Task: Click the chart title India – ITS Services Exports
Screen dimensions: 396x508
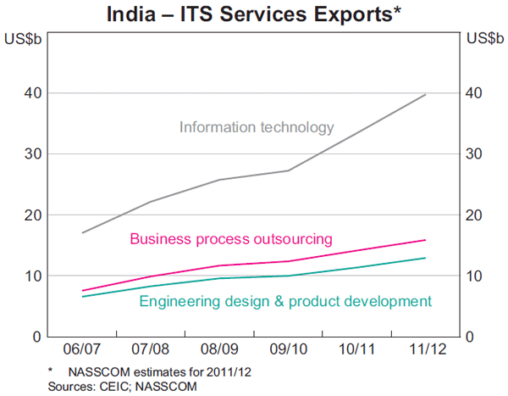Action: pyautogui.click(x=253, y=14)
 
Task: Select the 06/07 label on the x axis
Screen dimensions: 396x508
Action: pyautogui.click(x=82, y=349)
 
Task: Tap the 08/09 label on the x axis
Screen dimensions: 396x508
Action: pyautogui.click(x=219, y=349)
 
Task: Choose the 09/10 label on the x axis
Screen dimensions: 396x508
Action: pyautogui.click(x=288, y=349)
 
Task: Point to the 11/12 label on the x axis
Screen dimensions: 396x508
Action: pyautogui.click(x=425, y=349)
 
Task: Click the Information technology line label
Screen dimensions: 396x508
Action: pyautogui.click(x=257, y=128)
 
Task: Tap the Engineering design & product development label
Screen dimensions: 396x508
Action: pyautogui.click(x=285, y=301)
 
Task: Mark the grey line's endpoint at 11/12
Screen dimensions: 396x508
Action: pyautogui.click(x=425, y=94)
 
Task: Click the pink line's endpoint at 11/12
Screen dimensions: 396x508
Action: pyautogui.click(x=425, y=240)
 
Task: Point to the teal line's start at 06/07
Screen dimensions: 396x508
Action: pyautogui.click(x=82, y=296)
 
